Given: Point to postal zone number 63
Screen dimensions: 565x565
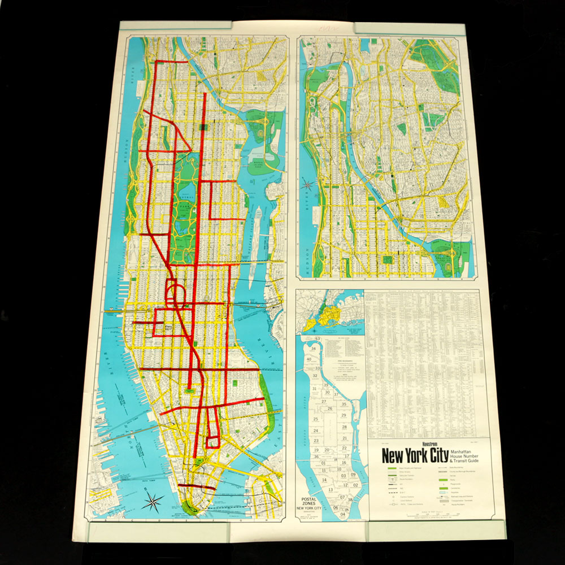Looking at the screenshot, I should tap(318, 339).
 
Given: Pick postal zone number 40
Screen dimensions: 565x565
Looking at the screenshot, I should tap(310, 359).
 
